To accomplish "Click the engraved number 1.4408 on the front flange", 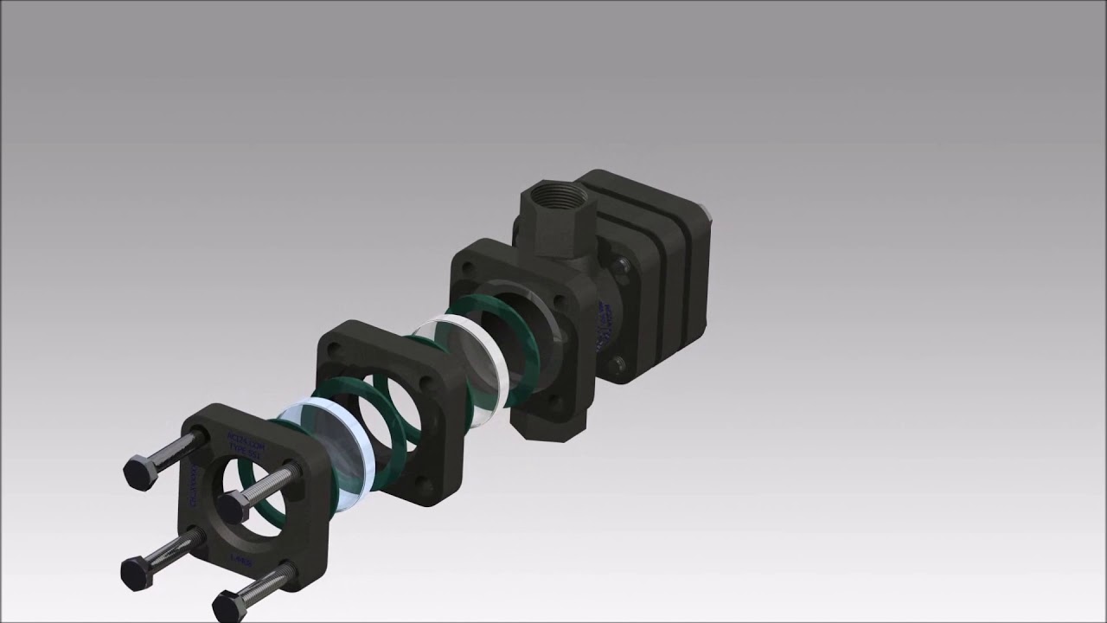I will click(x=240, y=561).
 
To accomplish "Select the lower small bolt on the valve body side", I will click(x=617, y=363).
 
